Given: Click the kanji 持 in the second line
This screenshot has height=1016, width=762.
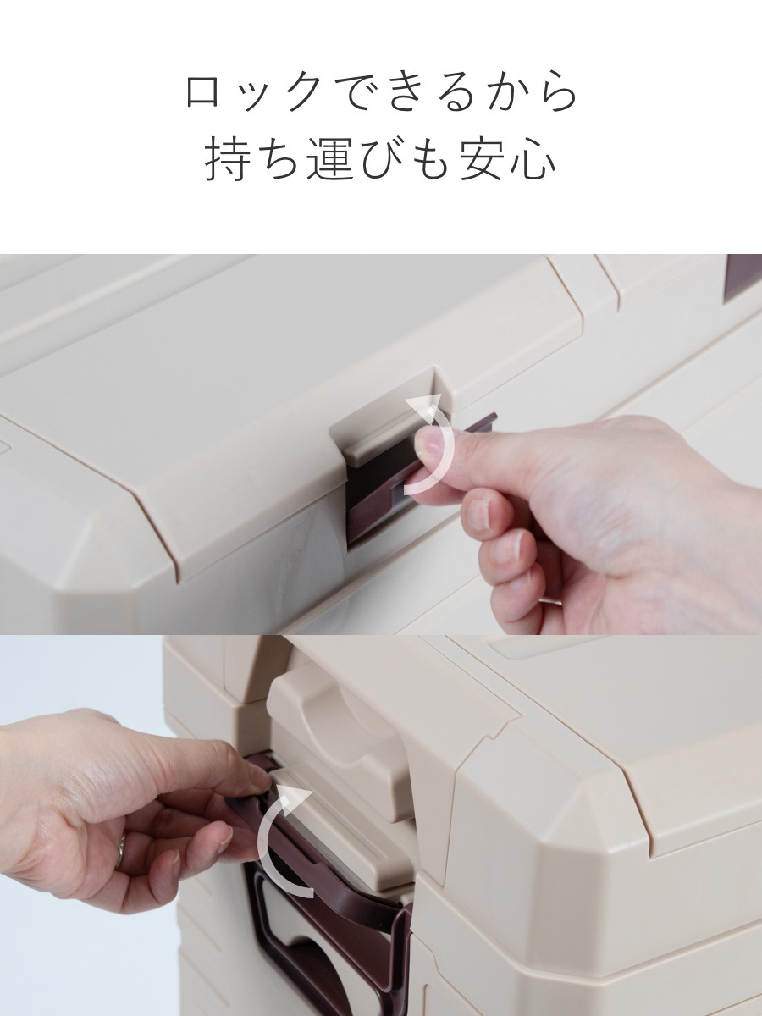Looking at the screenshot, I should point(229,161).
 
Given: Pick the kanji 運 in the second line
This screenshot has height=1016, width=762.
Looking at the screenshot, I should point(331,161).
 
